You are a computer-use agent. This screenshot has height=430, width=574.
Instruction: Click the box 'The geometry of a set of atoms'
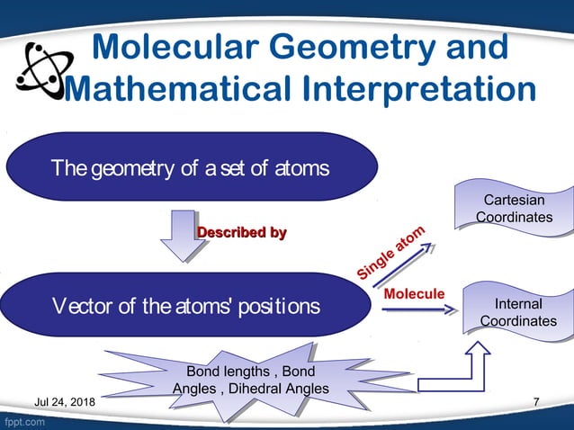(x=190, y=167)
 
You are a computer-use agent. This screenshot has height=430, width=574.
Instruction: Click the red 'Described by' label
(x=241, y=233)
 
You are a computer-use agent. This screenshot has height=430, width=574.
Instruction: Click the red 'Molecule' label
(x=414, y=294)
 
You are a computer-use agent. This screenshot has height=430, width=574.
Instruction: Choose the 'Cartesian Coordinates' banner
(x=514, y=209)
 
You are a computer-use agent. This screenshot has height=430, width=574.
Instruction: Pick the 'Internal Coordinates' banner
(x=517, y=313)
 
